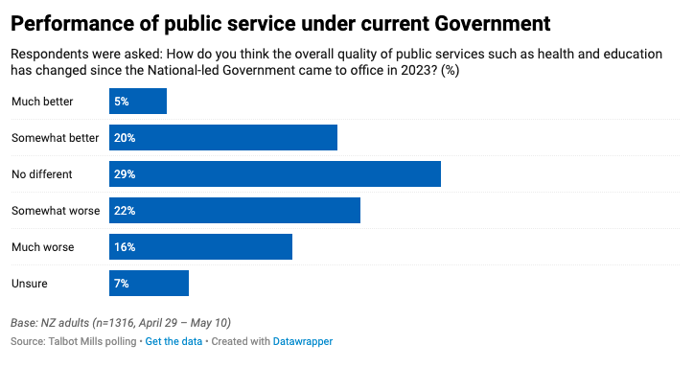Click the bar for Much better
(138, 101)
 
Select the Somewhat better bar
(223, 137)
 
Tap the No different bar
(275, 174)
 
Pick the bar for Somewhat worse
(235, 210)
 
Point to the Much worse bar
(200, 246)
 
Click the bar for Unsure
(149, 283)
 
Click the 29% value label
(125, 174)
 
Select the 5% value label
(122, 102)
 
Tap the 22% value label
(125, 211)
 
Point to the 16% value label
(125, 247)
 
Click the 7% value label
(122, 284)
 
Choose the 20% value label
(125, 138)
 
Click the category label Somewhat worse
(56, 211)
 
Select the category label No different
(41, 174)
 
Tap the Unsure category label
(29, 284)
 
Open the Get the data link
(173, 341)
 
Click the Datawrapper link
(303, 341)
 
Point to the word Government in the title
(493, 23)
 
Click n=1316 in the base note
(115, 323)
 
